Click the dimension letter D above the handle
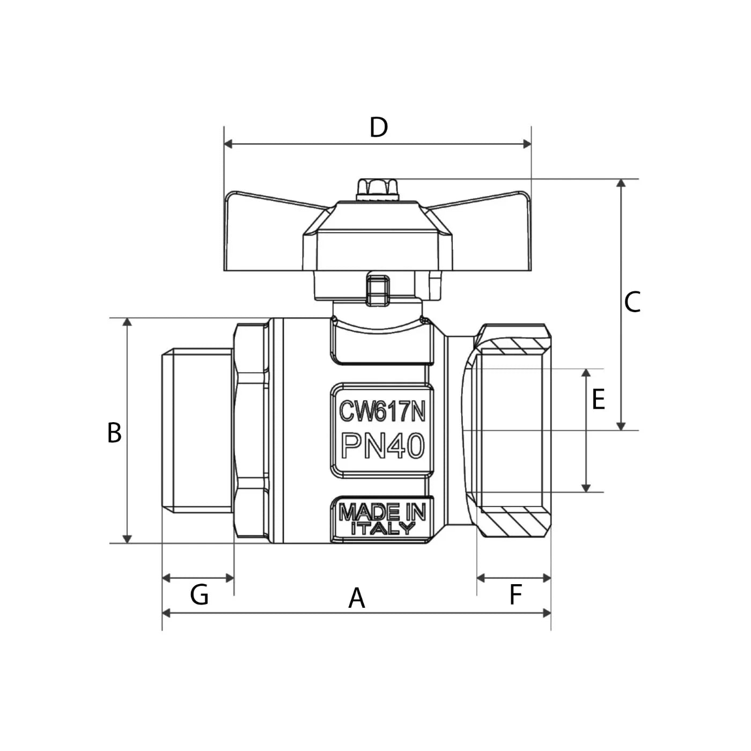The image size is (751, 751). tap(378, 128)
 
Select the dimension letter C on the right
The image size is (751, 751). tap(632, 302)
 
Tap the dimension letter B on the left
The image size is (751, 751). tap(114, 433)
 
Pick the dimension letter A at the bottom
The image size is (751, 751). tap(357, 598)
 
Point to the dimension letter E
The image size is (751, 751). tap(598, 400)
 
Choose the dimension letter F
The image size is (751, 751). tap(515, 595)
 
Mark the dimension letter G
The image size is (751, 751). tap(199, 595)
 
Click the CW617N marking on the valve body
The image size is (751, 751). tap(382, 412)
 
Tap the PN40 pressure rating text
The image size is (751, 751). tap(382, 446)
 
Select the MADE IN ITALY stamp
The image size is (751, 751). tap(382, 518)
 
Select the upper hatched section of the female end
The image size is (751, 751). tap(514, 346)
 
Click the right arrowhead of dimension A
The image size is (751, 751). tap(547, 613)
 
